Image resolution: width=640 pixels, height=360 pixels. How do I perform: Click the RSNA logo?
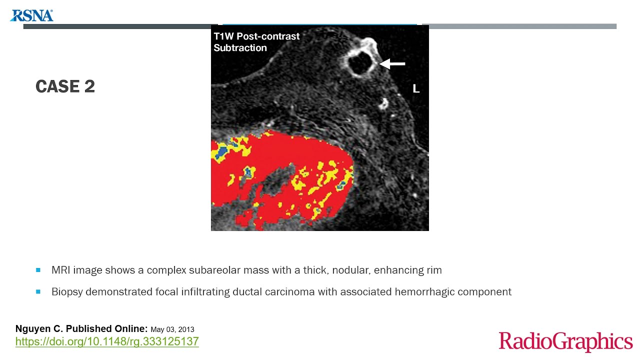point(31,15)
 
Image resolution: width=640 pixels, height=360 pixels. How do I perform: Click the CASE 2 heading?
point(65,86)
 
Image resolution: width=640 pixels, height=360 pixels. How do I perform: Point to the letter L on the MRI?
point(415,89)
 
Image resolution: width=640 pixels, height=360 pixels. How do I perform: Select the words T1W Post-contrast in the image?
point(256,36)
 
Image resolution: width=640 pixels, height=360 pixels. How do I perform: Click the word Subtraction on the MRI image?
point(240,48)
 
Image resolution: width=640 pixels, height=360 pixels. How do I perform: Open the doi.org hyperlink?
point(107,341)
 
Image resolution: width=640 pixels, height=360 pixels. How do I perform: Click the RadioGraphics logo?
point(565,341)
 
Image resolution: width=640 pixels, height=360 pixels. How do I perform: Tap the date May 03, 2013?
point(172,329)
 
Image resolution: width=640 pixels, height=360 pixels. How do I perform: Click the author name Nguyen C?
point(39,329)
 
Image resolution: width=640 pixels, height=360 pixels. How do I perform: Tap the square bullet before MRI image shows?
point(38,270)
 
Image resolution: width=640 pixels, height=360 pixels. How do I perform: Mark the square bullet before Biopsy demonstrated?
point(38,291)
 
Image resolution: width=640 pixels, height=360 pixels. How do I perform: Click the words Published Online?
point(107,329)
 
